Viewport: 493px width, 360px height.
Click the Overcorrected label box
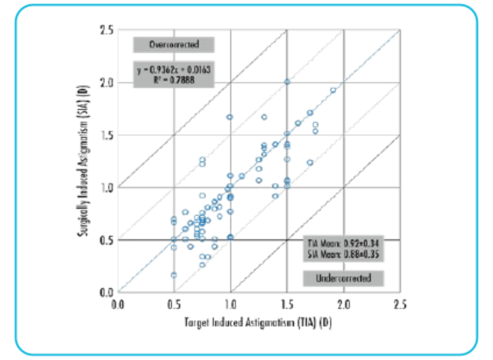coord(174,45)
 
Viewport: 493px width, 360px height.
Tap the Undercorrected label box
coord(343,278)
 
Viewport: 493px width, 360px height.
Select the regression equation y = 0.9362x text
coord(174,70)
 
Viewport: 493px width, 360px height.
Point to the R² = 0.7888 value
coord(174,80)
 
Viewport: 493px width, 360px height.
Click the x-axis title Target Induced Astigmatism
coord(258,323)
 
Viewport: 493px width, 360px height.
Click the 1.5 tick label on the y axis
coord(106,135)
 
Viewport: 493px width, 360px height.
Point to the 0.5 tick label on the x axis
coord(174,304)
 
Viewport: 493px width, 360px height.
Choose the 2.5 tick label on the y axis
coord(106,31)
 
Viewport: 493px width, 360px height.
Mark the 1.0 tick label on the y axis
coord(106,188)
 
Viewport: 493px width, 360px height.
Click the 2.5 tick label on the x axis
coord(400,304)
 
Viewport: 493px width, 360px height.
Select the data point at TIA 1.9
coord(333,90)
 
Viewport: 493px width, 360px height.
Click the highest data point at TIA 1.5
coord(287,82)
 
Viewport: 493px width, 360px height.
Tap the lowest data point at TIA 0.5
coord(174,275)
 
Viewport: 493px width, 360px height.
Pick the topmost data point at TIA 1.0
coord(230,117)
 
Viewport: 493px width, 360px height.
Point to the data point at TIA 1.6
coord(298,123)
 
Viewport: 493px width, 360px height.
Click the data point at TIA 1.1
coord(242,176)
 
